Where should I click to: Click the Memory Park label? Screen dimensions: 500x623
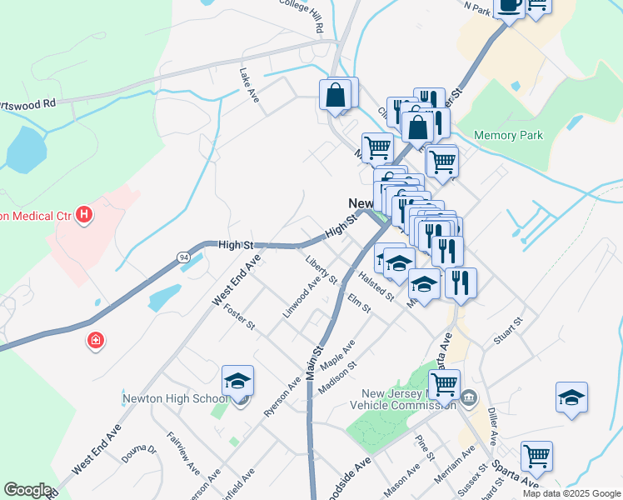(508, 135)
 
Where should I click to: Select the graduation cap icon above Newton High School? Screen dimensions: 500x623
(238, 382)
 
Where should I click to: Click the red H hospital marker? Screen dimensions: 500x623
(83, 216)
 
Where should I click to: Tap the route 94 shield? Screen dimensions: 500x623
(182, 256)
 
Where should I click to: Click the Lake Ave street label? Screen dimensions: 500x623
(249, 85)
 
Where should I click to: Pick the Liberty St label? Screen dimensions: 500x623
(321, 268)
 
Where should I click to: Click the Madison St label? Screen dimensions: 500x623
(337, 377)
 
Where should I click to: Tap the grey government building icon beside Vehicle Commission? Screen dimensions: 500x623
(470, 397)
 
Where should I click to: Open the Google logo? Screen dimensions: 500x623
(27, 490)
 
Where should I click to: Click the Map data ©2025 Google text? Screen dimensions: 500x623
(571, 493)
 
